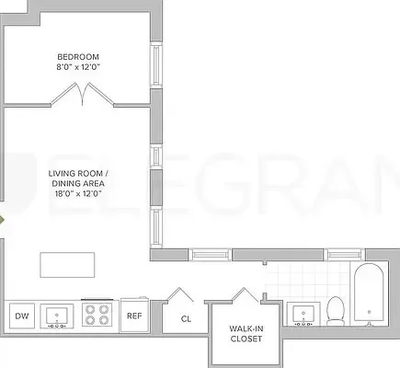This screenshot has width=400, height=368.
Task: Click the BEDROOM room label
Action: [78, 53]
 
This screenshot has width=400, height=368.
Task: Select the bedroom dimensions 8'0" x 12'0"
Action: [78, 65]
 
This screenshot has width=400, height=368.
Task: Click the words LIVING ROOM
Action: [79, 173]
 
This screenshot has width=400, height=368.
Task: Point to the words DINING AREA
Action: [79, 183]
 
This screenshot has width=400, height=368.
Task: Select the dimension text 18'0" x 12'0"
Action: [79, 193]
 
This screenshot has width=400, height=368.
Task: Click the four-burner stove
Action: [97, 316]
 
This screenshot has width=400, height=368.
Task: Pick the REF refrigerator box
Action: [134, 316]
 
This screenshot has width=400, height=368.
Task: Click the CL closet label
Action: [185, 318]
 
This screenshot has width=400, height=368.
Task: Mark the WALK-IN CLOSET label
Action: [246, 333]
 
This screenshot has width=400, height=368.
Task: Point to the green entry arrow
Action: [3, 222]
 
